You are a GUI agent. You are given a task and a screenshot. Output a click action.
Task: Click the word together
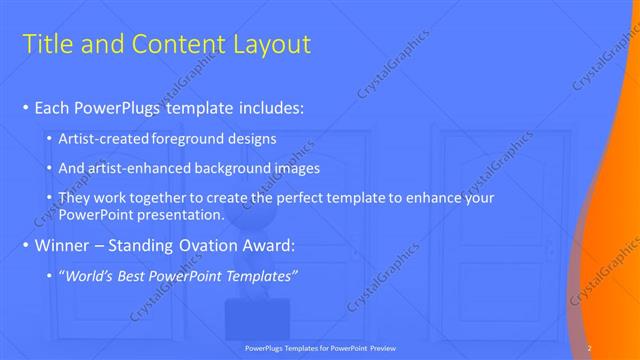pyautogui.click(x=154, y=198)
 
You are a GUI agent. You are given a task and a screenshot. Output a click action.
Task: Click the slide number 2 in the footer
pyautogui.click(x=590, y=347)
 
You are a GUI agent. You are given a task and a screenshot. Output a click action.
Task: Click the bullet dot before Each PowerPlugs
pyautogui.click(x=25, y=107)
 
